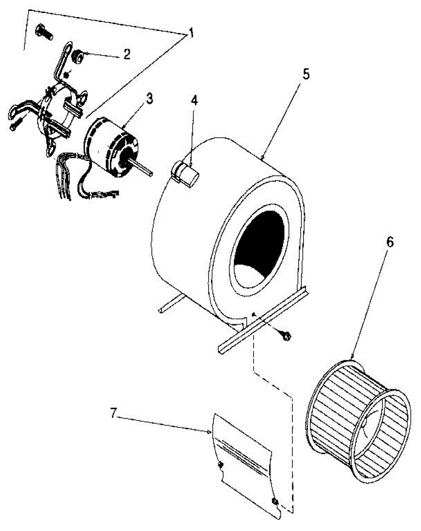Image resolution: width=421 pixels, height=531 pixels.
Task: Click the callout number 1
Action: [x=191, y=34]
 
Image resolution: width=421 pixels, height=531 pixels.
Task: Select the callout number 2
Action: [x=127, y=54]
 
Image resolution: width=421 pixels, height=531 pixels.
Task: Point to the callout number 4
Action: [x=194, y=100]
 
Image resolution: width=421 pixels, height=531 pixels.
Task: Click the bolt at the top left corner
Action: [x=43, y=32]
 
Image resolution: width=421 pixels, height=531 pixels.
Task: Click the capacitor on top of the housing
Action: [x=186, y=174]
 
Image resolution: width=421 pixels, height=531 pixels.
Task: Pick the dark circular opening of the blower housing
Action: [x=259, y=248]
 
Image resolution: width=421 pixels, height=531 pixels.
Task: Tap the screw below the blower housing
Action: [x=286, y=336]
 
